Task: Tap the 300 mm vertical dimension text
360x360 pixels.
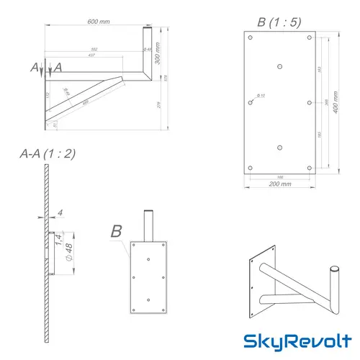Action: (x=157, y=54)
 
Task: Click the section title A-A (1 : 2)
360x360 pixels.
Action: (x=48, y=153)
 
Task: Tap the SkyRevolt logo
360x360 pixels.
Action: (x=296, y=339)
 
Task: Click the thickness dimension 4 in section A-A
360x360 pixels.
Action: (x=62, y=212)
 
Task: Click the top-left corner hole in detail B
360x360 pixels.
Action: (x=249, y=38)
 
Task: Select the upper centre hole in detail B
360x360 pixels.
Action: (x=279, y=65)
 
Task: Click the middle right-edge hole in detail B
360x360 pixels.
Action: (x=310, y=103)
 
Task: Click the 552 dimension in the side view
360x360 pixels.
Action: (x=95, y=49)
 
